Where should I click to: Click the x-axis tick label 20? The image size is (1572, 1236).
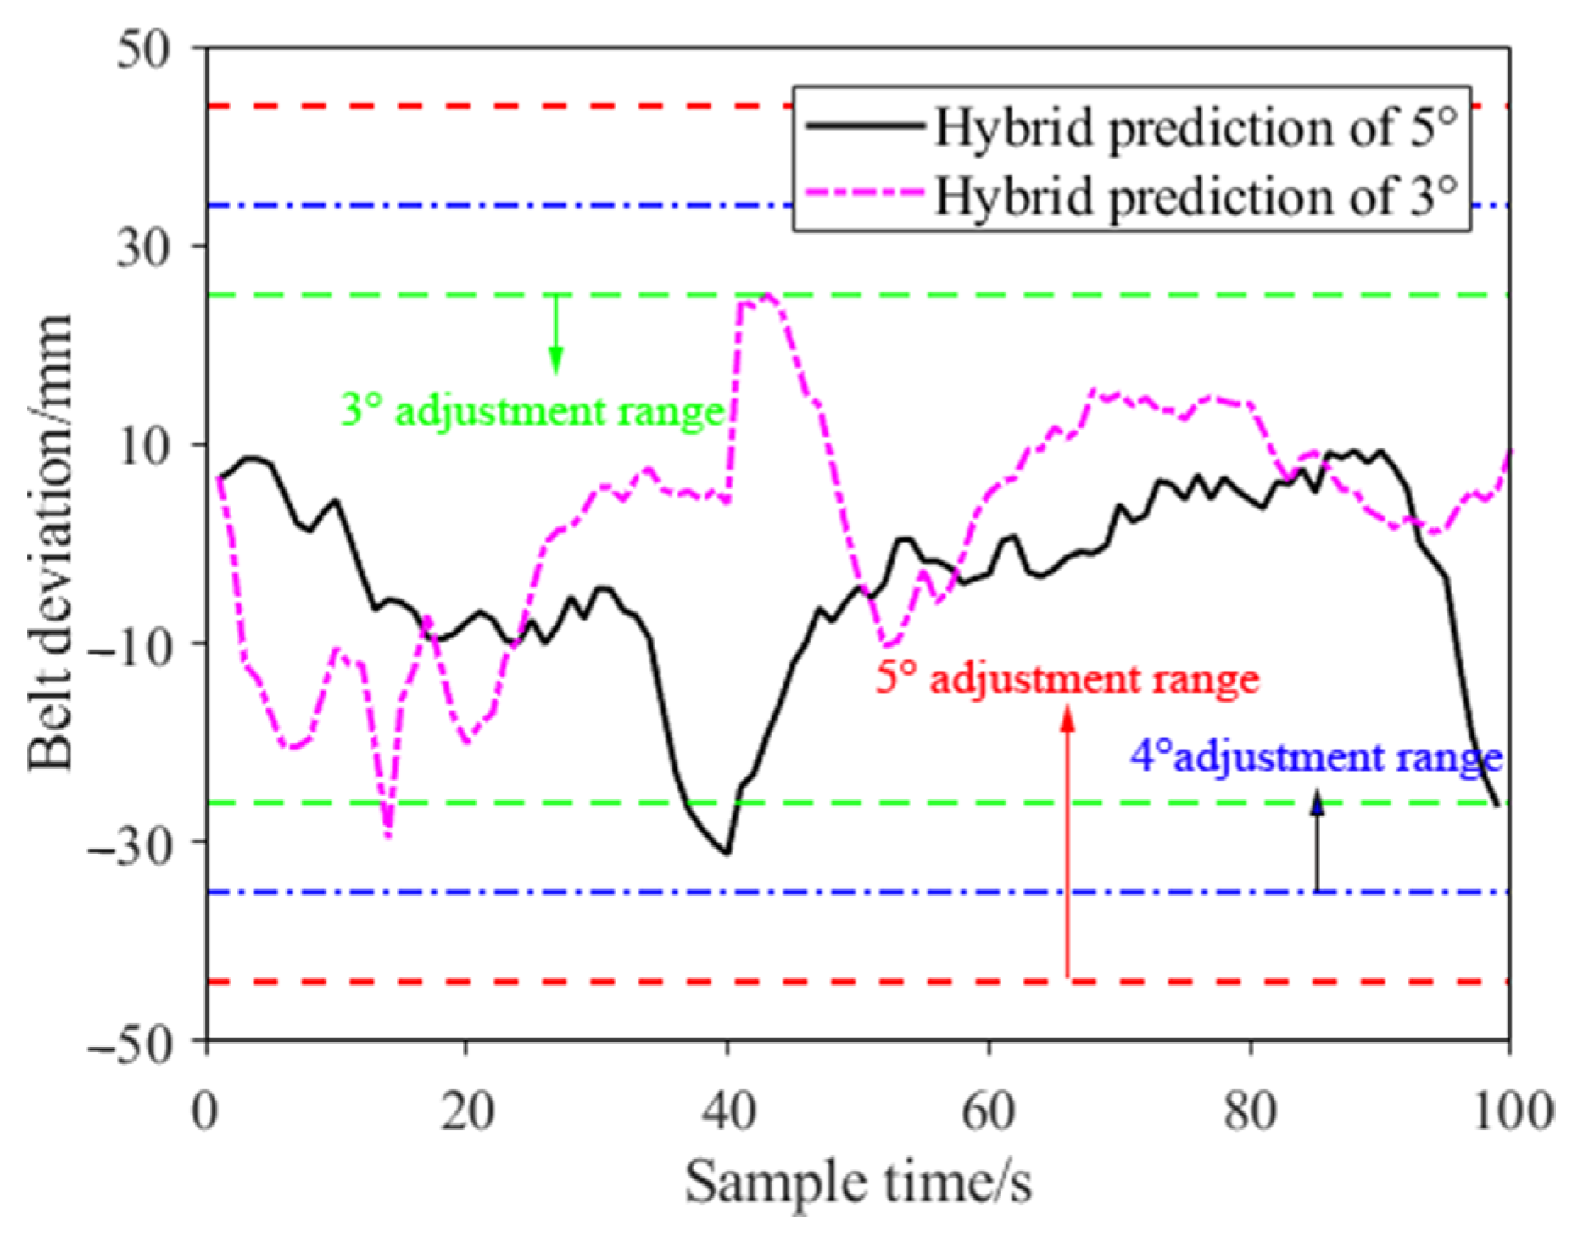click(466, 1110)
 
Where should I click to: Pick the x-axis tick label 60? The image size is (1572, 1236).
click(988, 1110)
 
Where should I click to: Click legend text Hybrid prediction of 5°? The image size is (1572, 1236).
click(1196, 128)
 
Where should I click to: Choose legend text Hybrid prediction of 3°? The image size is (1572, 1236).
click(1196, 196)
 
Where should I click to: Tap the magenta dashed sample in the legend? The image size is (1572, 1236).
click(865, 194)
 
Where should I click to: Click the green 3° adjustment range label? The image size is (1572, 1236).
click(532, 412)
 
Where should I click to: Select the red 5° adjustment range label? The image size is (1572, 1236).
click(1068, 679)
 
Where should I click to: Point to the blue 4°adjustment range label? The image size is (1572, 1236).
click(1316, 756)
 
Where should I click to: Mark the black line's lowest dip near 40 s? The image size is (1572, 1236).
click(727, 852)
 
